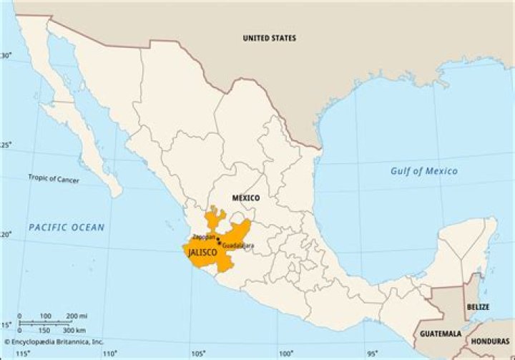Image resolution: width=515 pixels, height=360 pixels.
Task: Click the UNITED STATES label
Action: (x=269, y=38)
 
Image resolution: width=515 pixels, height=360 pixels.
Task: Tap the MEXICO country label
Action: (x=245, y=198)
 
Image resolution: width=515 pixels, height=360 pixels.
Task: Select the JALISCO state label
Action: (x=202, y=253)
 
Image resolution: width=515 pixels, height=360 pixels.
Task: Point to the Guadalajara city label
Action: (x=238, y=246)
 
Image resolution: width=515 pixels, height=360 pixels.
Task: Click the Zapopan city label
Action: (x=204, y=236)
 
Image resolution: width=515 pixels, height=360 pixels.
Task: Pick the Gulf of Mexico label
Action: (x=423, y=171)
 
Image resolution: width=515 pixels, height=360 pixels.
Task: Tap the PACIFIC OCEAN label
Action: (x=67, y=228)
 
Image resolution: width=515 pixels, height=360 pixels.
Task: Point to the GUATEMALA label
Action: (x=441, y=334)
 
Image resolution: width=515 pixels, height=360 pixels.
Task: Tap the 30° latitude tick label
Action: (x=6, y=56)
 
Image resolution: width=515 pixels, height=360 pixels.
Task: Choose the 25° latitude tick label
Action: (x=6, y=145)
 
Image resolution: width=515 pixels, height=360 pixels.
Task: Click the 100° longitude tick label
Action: (x=285, y=354)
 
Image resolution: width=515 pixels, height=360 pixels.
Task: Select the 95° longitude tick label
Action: (x=373, y=354)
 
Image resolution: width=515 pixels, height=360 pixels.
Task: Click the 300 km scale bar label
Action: (x=74, y=330)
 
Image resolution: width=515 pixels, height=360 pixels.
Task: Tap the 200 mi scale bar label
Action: (x=77, y=316)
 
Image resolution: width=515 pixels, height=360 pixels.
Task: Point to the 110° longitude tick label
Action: (x=110, y=354)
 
